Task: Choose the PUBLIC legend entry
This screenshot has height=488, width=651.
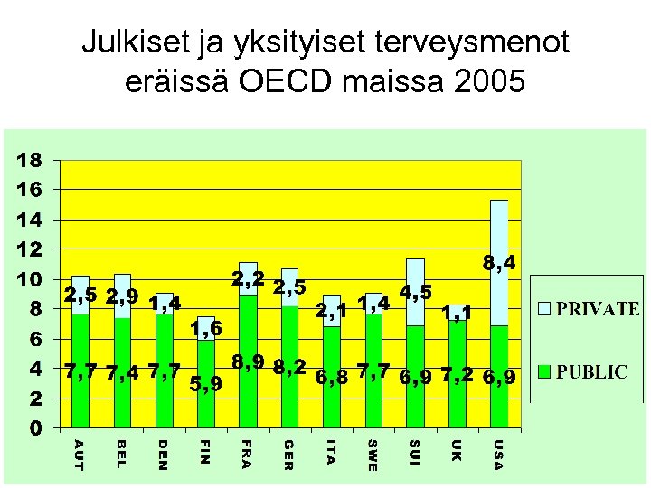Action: coord(583,371)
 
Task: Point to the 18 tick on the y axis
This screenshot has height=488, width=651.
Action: coord(30,161)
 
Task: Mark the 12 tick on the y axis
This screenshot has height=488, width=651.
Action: coord(30,249)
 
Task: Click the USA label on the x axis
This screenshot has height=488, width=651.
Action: coord(498,454)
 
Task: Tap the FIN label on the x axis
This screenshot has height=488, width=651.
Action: coord(207,452)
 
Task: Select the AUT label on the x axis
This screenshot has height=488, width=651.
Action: coord(79,454)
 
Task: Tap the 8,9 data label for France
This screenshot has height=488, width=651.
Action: coord(248,362)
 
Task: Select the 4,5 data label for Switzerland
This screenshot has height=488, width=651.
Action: coord(415,294)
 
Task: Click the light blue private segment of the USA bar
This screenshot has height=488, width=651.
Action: coord(498,262)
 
